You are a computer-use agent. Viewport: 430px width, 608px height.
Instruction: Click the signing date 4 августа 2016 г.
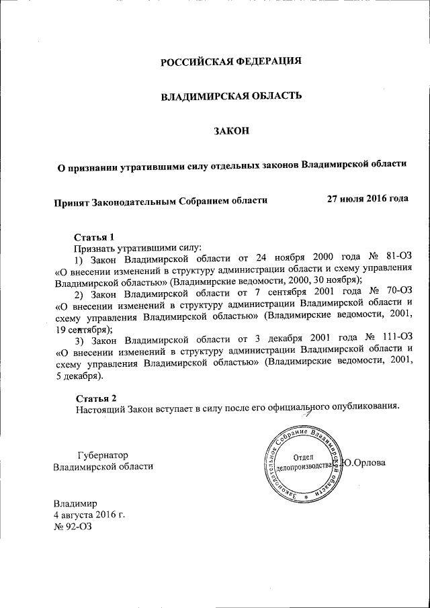click(89, 515)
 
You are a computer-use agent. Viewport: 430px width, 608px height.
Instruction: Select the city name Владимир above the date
click(76, 503)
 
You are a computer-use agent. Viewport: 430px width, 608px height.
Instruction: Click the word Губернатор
click(102, 454)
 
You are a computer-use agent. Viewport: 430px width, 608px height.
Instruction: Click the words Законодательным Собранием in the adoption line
click(158, 200)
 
